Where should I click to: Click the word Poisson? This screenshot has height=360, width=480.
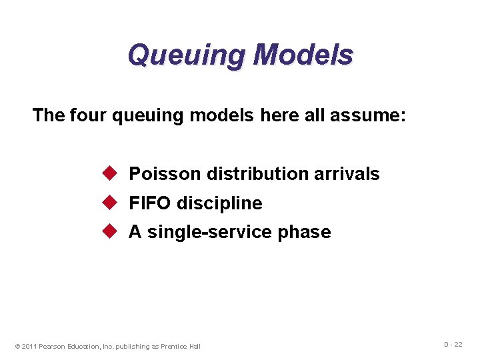coord(165,174)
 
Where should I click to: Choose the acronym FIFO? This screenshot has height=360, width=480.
coord(150,203)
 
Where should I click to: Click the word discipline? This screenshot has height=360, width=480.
coord(219,203)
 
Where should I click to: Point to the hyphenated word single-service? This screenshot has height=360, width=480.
coord(201,232)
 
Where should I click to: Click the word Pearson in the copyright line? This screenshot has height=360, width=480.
coord(51,346)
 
